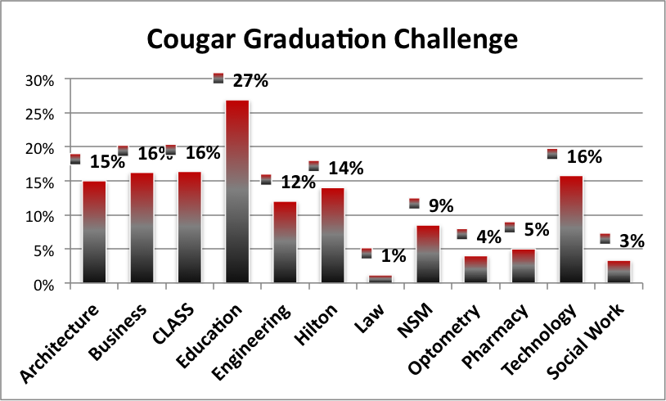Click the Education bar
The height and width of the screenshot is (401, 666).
point(237,191)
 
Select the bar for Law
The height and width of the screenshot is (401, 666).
point(380,279)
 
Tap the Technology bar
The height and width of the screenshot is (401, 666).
point(571,229)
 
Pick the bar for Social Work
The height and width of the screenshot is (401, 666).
point(619,272)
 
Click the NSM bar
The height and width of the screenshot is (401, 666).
point(428,254)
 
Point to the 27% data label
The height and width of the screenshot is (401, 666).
point(250,81)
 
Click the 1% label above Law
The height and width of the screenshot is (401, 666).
point(394,255)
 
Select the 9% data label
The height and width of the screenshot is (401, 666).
point(441,206)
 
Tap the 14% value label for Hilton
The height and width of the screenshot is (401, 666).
point(346,169)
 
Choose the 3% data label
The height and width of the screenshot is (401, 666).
point(632,241)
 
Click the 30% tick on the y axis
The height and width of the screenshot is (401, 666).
point(39,81)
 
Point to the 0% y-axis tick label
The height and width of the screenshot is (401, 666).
point(43,285)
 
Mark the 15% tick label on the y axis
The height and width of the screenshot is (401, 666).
point(39,183)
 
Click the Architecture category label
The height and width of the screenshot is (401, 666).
point(60,343)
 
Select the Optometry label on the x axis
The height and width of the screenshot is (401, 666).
point(444,339)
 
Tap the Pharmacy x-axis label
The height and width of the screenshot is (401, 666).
point(495,336)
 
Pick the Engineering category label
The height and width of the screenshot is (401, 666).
point(251,342)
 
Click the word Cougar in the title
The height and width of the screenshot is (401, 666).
point(191,39)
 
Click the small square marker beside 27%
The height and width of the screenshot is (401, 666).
point(218,79)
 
